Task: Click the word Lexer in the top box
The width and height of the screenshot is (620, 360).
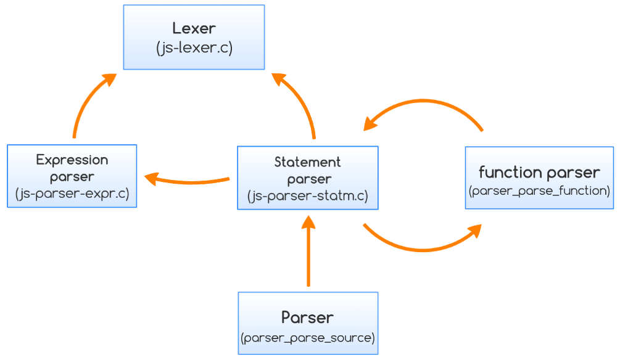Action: (194, 28)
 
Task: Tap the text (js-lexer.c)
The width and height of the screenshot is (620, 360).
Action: (194, 48)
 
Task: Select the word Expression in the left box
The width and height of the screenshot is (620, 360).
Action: (72, 160)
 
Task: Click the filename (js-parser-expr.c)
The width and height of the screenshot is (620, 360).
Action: (72, 194)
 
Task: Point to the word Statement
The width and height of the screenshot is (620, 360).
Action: (307, 162)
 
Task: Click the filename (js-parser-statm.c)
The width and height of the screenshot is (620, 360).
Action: (307, 196)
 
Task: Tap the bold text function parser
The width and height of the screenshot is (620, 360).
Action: (539, 172)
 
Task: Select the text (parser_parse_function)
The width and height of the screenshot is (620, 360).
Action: (539, 190)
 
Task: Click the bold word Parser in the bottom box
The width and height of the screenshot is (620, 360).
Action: (307, 317)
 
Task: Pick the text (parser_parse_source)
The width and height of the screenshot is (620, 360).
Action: (307, 338)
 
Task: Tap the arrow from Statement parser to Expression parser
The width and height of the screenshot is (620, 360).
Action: (188, 181)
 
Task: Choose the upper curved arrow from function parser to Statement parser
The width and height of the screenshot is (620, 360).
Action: (426, 101)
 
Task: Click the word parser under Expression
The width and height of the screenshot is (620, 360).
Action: (72, 177)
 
